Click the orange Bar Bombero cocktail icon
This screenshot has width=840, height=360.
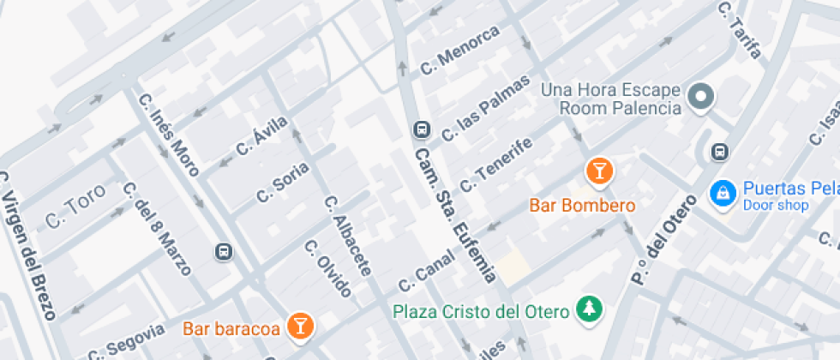tap(599, 171)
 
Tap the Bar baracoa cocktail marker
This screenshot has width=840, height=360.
tap(300, 324)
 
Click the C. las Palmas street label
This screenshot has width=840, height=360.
tap(481, 118)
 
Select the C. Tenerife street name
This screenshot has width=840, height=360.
tap(497, 164)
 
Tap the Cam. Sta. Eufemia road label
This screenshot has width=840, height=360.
tap(454, 214)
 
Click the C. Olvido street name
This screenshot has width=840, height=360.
tap(328, 268)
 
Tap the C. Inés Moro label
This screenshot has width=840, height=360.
tap(168, 135)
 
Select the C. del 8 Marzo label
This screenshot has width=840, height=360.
tap(156, 228)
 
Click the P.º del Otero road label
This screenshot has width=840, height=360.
tap(661, 236)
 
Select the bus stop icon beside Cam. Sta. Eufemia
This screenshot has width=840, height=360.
tap(421, 129)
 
